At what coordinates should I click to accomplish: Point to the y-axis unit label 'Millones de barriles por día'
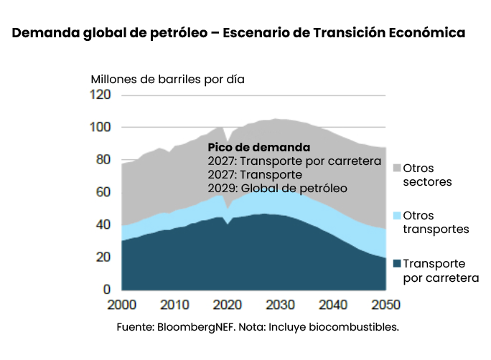point(167,79)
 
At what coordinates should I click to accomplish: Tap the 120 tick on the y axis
point(100,95)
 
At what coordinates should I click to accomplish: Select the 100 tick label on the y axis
point(100,128)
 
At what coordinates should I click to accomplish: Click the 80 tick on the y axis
point(103,160)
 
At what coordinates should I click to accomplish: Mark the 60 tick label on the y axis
point(103,192)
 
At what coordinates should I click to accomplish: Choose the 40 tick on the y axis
point(103,224)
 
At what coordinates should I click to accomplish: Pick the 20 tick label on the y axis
point(103,257)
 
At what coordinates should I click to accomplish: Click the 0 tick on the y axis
point(106,289)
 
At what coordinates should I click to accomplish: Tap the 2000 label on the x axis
point(122,305)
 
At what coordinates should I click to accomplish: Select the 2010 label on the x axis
point(175,305)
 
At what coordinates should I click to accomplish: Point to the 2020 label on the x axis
point(228,305)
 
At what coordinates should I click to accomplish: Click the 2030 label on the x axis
point(281,305)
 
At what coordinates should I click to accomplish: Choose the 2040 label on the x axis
point(334,305)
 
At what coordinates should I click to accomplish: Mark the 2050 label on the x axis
point(385,305)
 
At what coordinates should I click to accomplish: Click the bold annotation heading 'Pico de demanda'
point(248,148)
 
